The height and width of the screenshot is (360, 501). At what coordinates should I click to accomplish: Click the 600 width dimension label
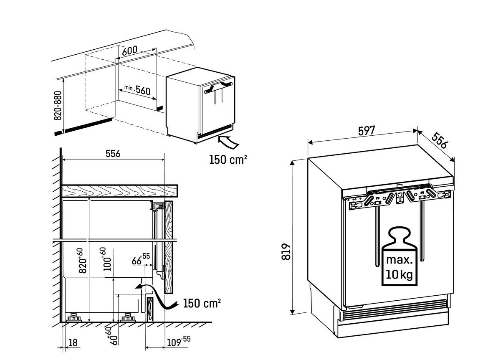pyautogui.click(x=130, y=51)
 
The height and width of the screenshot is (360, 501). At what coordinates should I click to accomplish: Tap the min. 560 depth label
pyautogui.click(x=137, y=89)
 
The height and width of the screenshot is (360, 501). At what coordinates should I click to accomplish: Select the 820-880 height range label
pyautogui.click(x=58, y=105)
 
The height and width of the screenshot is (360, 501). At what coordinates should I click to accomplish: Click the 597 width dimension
pyautogui.click(x=367, y=130)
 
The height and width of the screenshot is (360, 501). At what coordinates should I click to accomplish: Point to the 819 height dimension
pyautogui.click(x=286, y=252)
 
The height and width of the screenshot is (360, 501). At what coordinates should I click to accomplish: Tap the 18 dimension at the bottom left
pyautogui.click(x=73, y=342)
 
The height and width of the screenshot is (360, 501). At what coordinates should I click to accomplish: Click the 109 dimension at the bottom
pyautogui.click(x=179, y=342)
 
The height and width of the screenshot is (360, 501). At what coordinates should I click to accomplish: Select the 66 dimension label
pyautogui.click(x=140, y=259)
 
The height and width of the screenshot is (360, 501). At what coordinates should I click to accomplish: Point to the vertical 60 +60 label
pyautogui.click(x=113, y=336)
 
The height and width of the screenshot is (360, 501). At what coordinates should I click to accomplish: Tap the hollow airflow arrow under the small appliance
pyautogui.click(x=228, y=142)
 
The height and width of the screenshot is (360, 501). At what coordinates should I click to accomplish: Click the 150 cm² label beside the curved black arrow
pyautogui.click(x=202, y=303)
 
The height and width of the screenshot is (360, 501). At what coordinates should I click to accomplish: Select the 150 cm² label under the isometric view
pyautogui.click(x=228, y=160)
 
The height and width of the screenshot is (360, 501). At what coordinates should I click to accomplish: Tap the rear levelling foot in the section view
pyautogui.click(x=74, y=317)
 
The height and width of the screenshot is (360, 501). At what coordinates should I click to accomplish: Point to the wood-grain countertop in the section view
pyautogui.click(x=120, y=191)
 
